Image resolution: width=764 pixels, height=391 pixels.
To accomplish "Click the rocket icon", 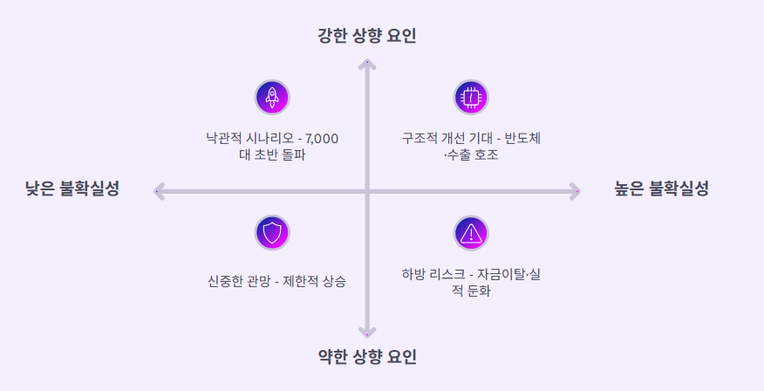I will [x=271, y=97].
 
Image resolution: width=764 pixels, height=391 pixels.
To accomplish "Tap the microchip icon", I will [x=471, y=97].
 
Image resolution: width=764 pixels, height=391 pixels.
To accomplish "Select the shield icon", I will [x=272, y=232].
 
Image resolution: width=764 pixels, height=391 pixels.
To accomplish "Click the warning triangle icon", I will [x=471, y=232].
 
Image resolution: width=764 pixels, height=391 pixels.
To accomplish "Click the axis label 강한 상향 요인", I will [x=367, y=36].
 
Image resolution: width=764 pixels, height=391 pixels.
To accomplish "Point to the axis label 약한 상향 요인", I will [x=367, y=356].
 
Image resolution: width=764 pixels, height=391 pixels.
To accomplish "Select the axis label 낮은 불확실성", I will [x=72, y=189].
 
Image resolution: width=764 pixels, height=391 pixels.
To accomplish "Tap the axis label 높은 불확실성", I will [x=661, y=189].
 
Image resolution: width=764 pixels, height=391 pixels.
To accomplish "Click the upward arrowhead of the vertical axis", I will [x=368, y=65].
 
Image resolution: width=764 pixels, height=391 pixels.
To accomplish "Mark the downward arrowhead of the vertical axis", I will [x=368, y=332].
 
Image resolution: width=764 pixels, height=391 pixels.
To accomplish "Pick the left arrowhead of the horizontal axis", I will [x=159, y=191].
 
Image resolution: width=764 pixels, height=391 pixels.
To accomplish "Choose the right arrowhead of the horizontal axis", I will [x=576, y=191].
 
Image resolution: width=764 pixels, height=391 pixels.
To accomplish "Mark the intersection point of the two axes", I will [x=368, y=191].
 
